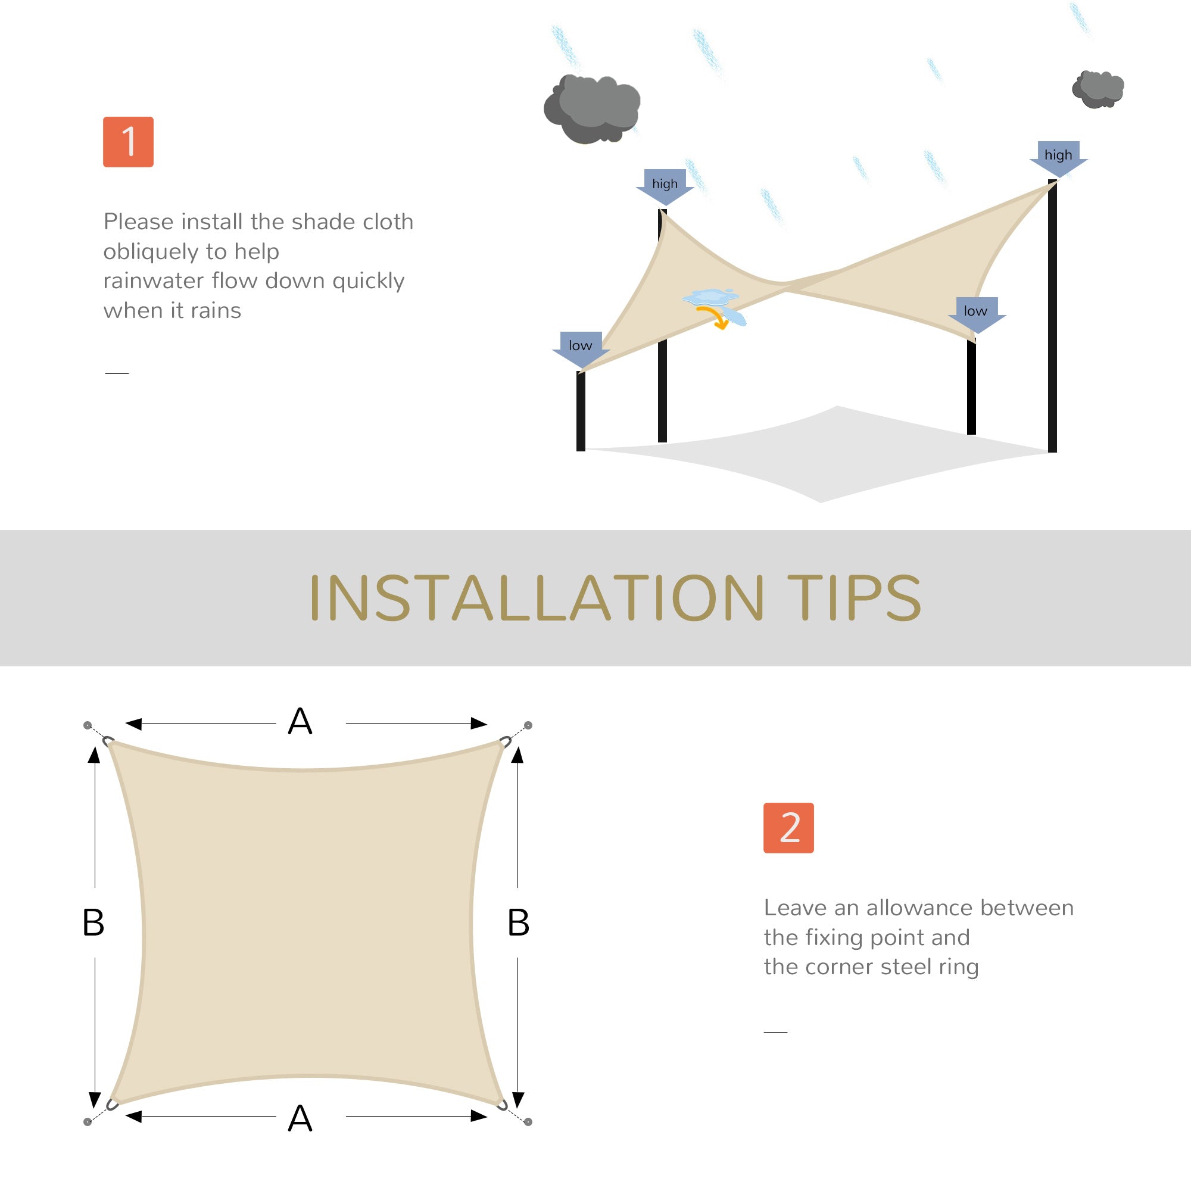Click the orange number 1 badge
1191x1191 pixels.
(128, 142)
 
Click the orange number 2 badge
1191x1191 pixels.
(788, 828)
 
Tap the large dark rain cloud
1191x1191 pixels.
(592, 108)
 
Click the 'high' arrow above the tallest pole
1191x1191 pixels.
(1058, 158)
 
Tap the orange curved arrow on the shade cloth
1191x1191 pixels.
(715, 317)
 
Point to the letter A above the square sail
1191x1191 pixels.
(300, 721)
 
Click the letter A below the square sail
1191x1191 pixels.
(300, 1118)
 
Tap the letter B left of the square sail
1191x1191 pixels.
(93, 923)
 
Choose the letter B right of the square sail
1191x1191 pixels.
(519, 923)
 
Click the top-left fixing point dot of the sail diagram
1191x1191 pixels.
(88, 725)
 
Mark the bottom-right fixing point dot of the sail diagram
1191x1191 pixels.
(528, 1122)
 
